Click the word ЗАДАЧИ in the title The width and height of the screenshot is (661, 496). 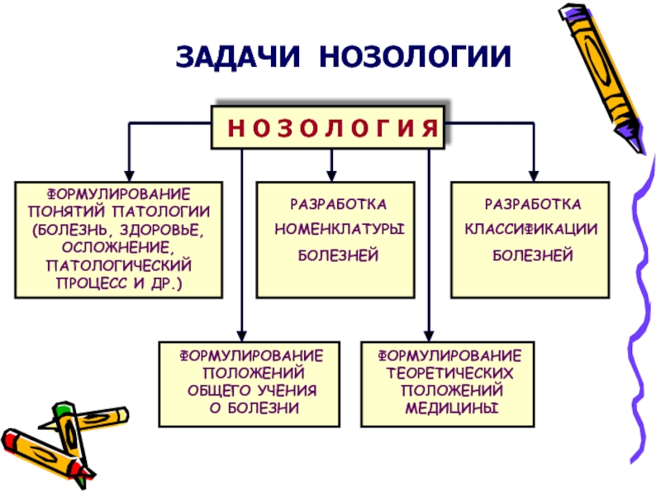(238, 57)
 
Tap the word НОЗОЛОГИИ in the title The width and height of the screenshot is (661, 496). (416, 56)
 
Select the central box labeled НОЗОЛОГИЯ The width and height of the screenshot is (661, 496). (328, 127)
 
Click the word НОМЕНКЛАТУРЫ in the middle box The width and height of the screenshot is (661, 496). (340, 229)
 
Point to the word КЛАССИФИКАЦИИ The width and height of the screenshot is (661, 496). (531, 229)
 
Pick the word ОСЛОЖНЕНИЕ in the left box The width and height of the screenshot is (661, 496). (117, 247)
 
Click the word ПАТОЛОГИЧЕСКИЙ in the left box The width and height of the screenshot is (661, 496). (118, 265)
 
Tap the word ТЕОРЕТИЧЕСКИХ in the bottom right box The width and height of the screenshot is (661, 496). (449, 374)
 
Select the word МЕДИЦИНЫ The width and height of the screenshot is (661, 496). (451, 408)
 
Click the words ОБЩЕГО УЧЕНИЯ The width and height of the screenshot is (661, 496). (252, 390)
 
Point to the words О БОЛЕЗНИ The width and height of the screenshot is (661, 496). (254, 408)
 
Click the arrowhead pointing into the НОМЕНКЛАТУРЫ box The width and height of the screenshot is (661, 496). (331, 176)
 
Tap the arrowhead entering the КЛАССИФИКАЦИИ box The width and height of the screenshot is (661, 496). (533, 176)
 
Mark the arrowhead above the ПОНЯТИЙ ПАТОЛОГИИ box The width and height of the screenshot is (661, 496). (129, 176)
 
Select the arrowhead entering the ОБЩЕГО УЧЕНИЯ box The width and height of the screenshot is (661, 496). (241, 336)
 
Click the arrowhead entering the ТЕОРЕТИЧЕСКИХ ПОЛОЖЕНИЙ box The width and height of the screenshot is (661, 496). (429, 336)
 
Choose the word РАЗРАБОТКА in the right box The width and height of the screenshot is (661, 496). (533, 204)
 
